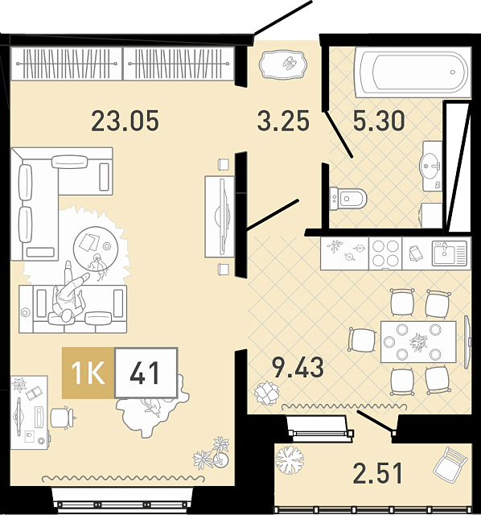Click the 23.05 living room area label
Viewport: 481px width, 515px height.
(125, 121)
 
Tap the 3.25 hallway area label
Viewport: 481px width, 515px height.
(283, 121)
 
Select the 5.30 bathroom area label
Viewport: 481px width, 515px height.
(379, 121)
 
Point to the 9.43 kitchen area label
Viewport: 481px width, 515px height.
(298, 368)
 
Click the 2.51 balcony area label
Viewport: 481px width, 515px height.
(377, 473)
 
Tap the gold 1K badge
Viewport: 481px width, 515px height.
(88, 373)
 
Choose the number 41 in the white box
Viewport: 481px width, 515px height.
(145, 373)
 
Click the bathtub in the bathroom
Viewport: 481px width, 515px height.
(413, 72)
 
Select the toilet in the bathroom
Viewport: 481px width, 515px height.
(347, 199)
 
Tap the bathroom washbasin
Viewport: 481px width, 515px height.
(431, 167)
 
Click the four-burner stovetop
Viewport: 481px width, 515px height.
(385, 253)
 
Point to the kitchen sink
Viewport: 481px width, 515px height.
(449, 253)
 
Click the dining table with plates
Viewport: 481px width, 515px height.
(418, 341)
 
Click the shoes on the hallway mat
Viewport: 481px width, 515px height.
(290, 63)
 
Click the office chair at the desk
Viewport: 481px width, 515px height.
(63, 417)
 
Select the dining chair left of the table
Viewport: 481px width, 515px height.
(362, 340)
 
